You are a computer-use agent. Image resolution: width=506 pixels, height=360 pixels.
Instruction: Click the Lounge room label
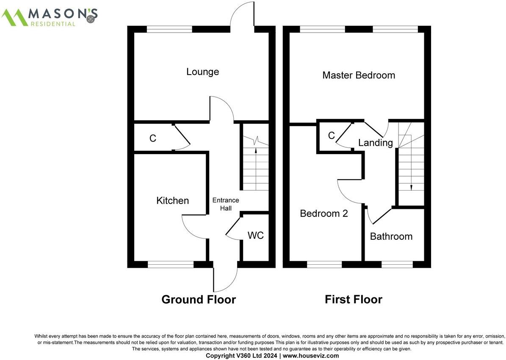click(x=202, y=72)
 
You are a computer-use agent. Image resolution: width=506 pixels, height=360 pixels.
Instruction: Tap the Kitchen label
click(x=172, y=200)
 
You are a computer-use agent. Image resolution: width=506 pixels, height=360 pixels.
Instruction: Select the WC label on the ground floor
click(x=256, y=235)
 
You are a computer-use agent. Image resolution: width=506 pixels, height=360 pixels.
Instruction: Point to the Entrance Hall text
click(x=225, y=205)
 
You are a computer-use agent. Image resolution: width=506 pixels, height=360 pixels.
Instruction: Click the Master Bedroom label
click(x=358, y=75)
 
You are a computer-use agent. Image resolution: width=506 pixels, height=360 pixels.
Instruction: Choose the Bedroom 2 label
click(x=324, y=213)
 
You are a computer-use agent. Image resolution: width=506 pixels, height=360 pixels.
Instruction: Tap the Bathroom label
click(x=391, y=236)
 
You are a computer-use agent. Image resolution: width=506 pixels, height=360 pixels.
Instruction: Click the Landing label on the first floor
click(x=375, y=143)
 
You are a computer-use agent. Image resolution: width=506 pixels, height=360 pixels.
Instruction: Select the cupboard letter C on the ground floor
click(x=153, y=138)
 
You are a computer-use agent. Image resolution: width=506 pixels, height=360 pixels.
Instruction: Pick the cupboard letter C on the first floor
click(x=332, y=136)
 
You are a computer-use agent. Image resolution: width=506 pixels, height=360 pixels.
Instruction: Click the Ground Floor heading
click(x=198, y=300)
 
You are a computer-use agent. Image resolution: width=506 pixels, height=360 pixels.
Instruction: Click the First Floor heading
click(x=353, y=300)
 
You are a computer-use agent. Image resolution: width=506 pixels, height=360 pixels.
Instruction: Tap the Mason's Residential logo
click(x=50, y=17)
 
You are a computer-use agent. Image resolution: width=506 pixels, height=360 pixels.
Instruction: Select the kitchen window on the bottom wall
click(x=171, y=265)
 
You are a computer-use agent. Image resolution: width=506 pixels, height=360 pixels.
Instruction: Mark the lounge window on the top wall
click(x=169, y=29)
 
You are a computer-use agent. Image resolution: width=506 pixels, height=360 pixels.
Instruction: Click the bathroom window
click(x=397, y=265)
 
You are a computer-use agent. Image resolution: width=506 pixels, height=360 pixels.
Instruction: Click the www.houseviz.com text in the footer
click(x=310, y=356)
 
